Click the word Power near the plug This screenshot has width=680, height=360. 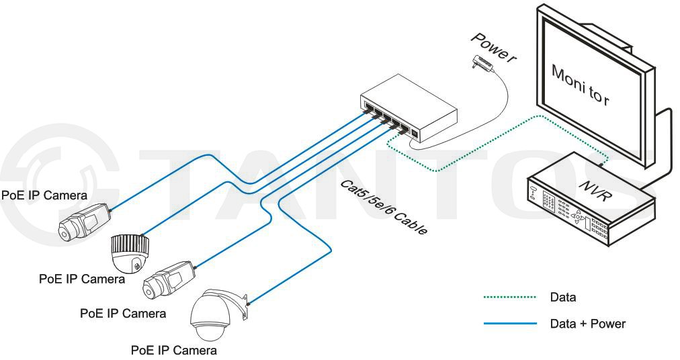[493, 48]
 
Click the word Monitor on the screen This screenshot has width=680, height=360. [580, 85]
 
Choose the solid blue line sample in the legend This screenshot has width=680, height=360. [509, 324]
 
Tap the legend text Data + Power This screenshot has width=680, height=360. [587, 324]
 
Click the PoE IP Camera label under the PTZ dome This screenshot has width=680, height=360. [174, 351]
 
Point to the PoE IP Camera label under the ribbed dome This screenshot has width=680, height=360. [82, 279]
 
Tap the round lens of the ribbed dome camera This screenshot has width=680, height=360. [137, 264]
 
